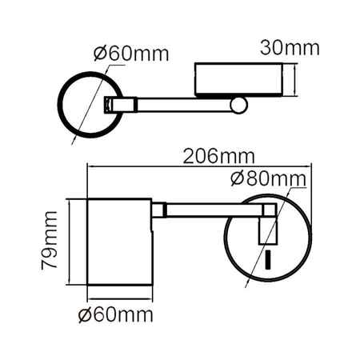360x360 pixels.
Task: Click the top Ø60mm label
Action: click(x=130, y=54)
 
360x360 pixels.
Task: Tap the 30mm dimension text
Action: click(x=290, y=48)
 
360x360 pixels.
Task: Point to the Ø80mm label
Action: click(x=268, y=178)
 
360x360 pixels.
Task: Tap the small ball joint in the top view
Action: click(x=239, y=105)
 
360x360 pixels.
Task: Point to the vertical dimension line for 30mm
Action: click(x=298, y=80)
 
